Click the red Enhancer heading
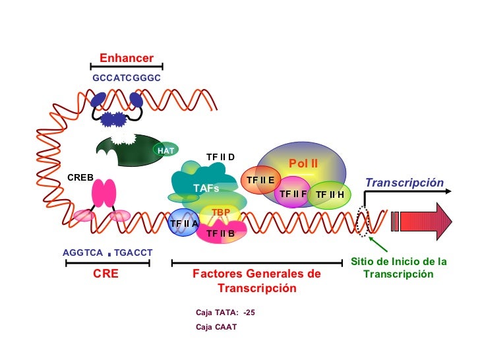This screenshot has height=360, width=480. click(126, 58)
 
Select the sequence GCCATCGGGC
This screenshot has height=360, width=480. click(127, 78)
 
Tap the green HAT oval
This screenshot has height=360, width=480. click(166, 150)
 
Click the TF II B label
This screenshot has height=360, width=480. click(220, 233)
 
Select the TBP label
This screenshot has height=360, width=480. click(220, 212)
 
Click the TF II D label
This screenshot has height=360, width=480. click(220, 157)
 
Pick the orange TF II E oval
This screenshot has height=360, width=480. click(261, 179)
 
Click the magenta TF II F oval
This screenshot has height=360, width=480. click(293, 193)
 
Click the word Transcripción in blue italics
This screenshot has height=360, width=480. click(404, 183)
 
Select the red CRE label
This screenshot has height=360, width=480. click(105, 273)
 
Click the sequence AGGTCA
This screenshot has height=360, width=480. click(82, 253)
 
